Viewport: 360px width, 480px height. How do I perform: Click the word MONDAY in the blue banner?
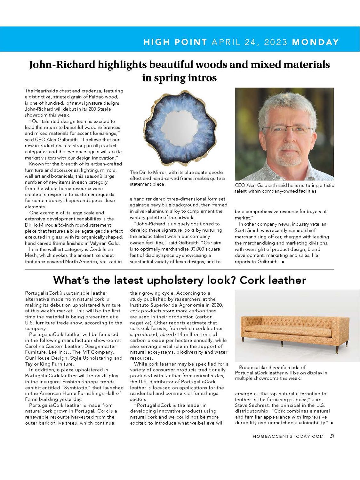click(315, 42)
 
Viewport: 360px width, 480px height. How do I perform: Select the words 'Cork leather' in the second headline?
click(273, 280)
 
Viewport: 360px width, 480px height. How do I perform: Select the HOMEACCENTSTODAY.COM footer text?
click(288, 436)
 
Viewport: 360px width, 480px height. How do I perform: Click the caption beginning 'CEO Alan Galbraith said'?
click(284, 188)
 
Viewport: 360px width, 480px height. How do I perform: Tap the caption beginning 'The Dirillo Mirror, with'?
click(177, 178)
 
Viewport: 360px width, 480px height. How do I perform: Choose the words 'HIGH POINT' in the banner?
click(175, 42)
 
